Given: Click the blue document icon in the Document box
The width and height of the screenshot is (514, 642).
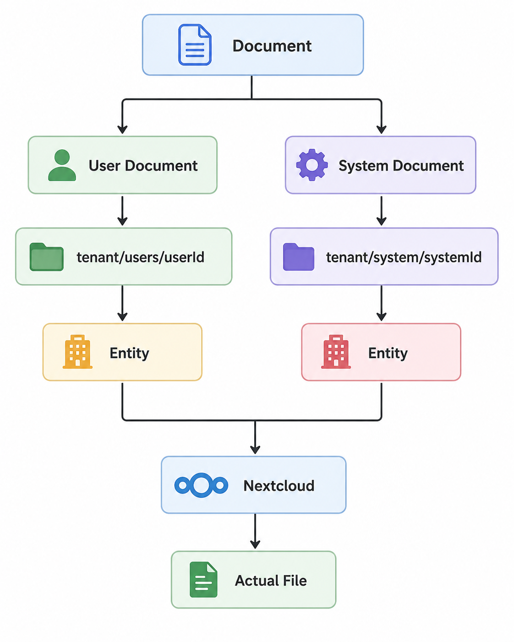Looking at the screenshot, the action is click(x=195, y=44).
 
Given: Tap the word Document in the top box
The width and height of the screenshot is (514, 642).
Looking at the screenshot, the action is click(x=272, y=46).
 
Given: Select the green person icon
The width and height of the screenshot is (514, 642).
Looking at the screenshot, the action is click(x=62, y=165).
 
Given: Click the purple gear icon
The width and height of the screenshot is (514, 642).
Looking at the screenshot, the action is click(x=312, y=165).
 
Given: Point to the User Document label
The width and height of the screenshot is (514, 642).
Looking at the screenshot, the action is click(x=143, y=166).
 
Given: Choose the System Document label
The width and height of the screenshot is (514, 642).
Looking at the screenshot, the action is click(x=401, y=166).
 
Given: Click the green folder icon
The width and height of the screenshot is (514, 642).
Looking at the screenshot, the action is click(x=47, y=257).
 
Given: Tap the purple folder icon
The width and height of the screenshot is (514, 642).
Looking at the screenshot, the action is click(x=299, y=257).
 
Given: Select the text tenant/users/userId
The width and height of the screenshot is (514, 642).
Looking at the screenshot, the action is click(x=140, y=257).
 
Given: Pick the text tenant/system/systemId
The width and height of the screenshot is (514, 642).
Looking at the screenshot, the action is click(x=404, y=257).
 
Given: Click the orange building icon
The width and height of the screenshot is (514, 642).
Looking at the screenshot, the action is click(x=77, y=352).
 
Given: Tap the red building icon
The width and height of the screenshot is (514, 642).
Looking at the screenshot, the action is click(x=336, y=352).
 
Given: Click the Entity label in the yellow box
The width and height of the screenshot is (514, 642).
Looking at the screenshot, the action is click(x=129, y=354).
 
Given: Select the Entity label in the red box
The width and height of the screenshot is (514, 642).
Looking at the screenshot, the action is click(x=388, y=354).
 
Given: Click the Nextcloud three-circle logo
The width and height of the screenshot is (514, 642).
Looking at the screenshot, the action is click(x=201, y=485).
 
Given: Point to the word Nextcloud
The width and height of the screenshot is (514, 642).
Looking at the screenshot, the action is click(x=279, y=486).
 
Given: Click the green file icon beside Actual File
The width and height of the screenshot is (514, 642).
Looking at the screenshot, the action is click(x=203, y=580).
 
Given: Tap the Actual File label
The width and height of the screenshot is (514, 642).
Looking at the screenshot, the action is click(x=271, y=581).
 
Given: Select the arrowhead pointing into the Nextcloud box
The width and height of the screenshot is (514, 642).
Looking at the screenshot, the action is click(x=255, y=450).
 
